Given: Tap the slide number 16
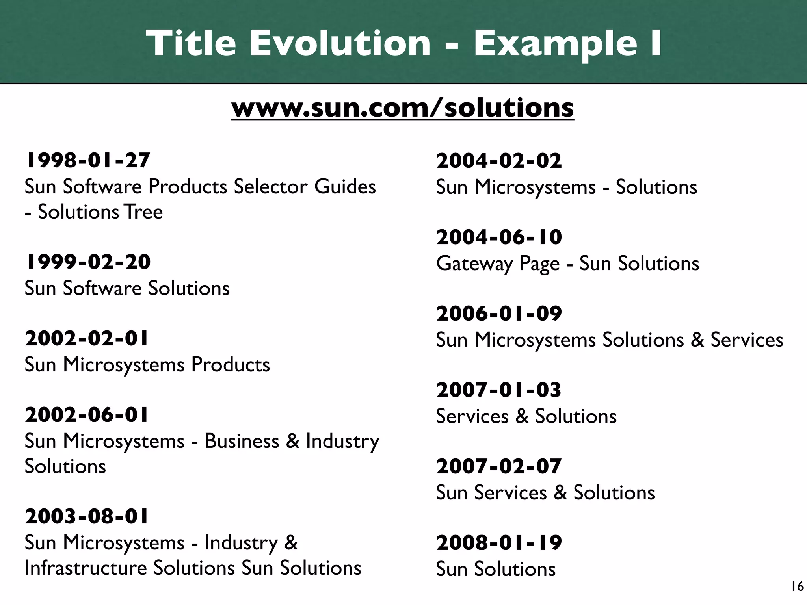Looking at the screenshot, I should point(797,586).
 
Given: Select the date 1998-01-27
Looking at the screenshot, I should point(87,160).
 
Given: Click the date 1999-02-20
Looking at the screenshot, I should point(87,262).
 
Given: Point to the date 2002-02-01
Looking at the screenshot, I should point(87,338).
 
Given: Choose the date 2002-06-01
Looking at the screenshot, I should point(87,415).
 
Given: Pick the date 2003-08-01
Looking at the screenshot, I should point(87,516).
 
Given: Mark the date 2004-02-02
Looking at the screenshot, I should point(499,161).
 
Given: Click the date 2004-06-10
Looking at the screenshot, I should point(499,237).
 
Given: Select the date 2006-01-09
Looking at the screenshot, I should point(499,314).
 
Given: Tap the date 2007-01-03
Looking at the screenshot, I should point(498,390).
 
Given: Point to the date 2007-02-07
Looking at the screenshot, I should point(498,466).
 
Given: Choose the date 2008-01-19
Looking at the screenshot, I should point(499,543).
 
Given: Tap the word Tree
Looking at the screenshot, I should point(143,212).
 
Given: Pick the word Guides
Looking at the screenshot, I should point(345,187).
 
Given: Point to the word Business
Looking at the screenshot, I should point(242,441).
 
